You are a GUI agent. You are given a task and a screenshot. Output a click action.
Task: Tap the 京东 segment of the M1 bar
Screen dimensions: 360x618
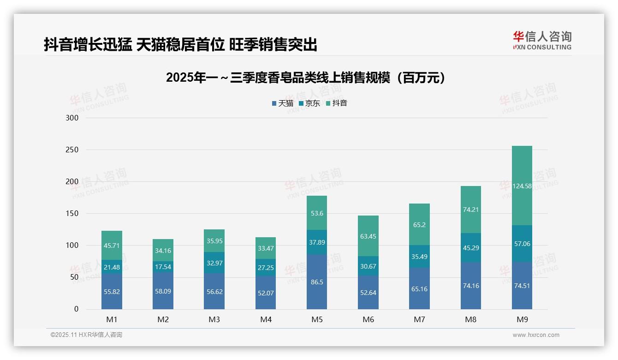coord(112,267)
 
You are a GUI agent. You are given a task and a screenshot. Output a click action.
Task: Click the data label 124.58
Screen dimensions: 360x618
coord(522,186)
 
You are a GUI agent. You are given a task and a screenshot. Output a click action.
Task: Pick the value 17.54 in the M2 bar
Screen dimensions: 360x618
coord(163,267)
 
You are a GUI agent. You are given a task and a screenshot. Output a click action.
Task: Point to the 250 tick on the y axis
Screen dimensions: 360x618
coord(72,150)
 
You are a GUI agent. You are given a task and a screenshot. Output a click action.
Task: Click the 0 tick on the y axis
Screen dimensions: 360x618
coord(76,309)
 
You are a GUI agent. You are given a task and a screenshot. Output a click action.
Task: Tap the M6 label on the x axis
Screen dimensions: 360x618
coord(368,320)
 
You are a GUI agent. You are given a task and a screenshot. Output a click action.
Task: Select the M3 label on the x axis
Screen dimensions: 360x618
coord(214,320)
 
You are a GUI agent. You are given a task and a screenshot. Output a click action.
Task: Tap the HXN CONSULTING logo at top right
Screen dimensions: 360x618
coord(542,41)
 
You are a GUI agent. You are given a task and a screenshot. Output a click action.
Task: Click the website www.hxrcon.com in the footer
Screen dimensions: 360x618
coord(536,335)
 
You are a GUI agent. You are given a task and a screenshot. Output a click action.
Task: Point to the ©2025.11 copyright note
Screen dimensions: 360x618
coord(86,335)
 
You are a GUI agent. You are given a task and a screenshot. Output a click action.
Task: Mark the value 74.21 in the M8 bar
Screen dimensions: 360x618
coord(470,209)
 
